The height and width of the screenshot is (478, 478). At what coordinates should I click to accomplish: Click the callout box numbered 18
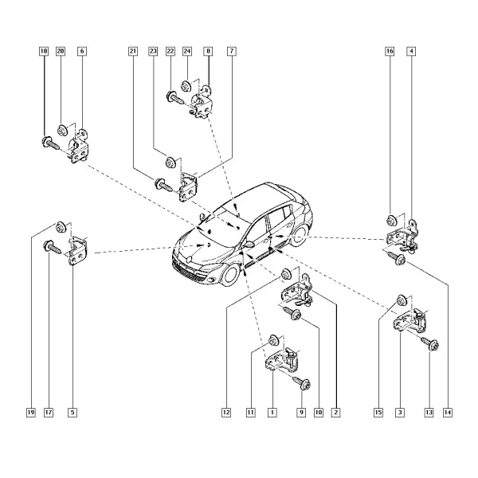tap(44, 51)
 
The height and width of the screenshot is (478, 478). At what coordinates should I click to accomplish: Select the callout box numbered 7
tap(232, 51)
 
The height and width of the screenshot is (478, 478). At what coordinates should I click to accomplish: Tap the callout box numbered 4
tap(411, 51)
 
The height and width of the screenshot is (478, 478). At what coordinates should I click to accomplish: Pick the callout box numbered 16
tap(390, 51)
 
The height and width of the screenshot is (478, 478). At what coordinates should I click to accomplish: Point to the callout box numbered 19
tap(31, 413)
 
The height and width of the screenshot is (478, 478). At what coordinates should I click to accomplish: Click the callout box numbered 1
tap(272, 413)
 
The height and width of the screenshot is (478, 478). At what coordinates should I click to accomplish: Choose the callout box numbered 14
tap(448, 413)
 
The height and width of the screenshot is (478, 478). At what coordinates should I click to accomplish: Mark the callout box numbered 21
tap(133, 51)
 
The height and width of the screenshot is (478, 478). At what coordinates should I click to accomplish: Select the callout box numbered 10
tap(318, 413)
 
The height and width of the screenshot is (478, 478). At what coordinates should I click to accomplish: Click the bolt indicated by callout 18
tap(50, 143)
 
